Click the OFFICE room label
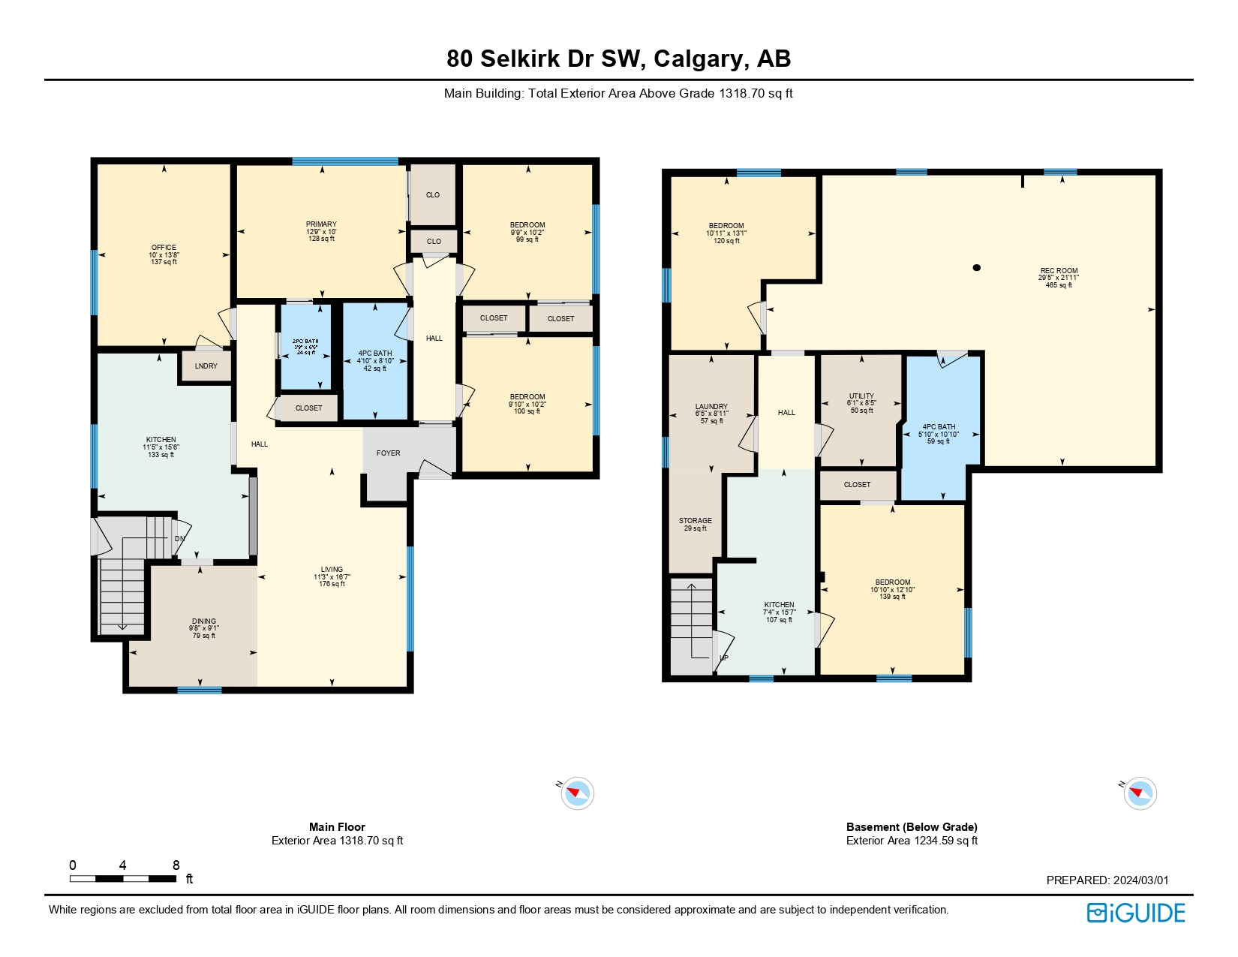click(x=164, y=248)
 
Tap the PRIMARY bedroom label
click(x=321, y=224)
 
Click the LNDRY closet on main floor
click(x=206, y=366)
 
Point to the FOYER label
click(x=388, y=453)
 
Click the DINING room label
click(x=203, y=621)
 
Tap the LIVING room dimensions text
click(x=332, y=577)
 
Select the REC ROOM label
click(x=1059, y=271)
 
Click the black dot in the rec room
click(x=976, y=268)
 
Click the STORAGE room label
click(x=695, y=521)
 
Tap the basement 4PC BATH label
click(x=939, y=427)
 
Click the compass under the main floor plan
click(x=577, y=793)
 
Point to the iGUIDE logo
click(x=1136, y=913)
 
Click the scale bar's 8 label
click(x=176, y=865)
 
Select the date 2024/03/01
click(x=1140, y=880)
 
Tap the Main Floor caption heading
click(x=337, y=827)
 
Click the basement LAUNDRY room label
click(x=711, y=407)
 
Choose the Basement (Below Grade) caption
click(x=912, y=827)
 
